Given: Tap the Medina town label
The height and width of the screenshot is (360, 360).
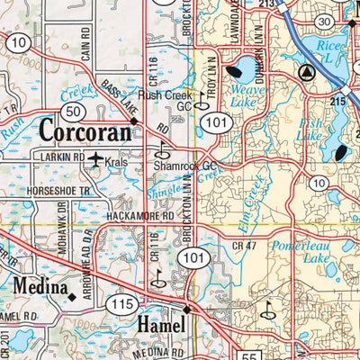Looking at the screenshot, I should (36, 287).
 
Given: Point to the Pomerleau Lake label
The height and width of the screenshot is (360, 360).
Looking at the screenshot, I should (319, 251).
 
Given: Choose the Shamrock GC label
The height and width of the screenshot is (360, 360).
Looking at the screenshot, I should (184, 166).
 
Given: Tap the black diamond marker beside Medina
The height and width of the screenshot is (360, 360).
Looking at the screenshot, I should (71, 294).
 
